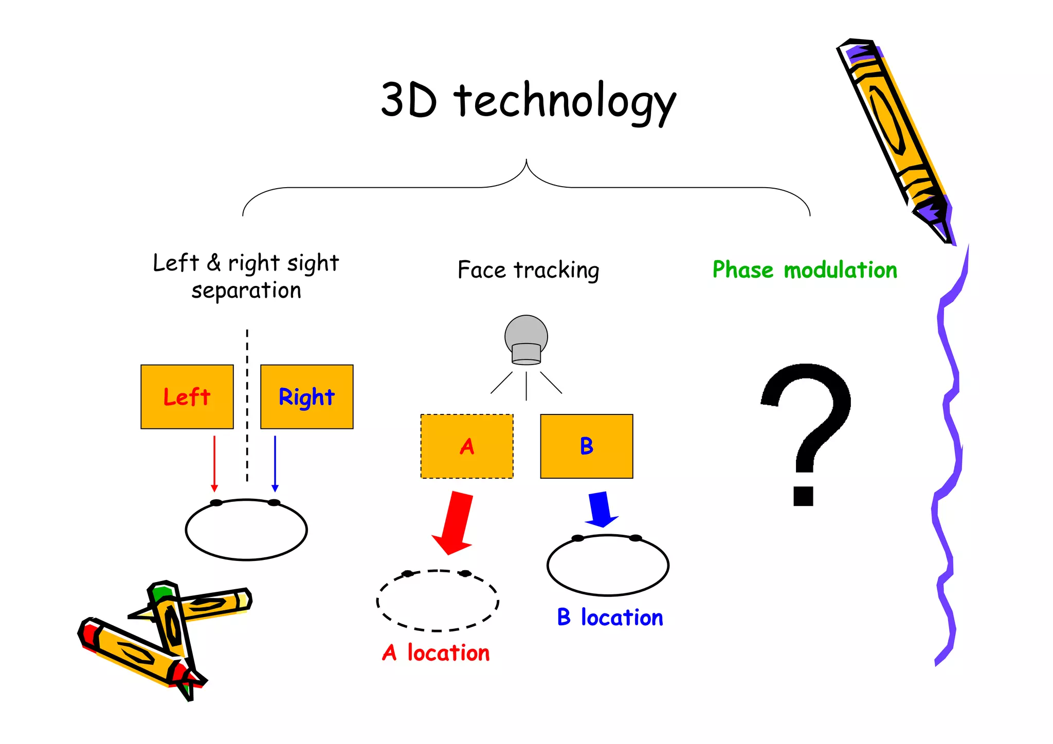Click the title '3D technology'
click(x=528, y=100)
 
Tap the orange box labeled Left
click(x=187, y=397)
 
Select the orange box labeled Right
click(x=307, y=397)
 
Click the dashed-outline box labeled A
click(x=467, y=446)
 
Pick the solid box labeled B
click(x=587, y=446)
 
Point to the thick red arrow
click(x=455, y=522)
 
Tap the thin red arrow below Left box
click(x=214, y=463)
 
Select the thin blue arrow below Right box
click(x=275, y=463)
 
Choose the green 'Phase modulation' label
click(x=805, y=270)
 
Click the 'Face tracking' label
click(x=528, y=270)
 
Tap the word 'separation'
click(x=246, y=291)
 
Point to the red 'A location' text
click(x=436, y=653)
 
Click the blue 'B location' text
click(x=610, y=618)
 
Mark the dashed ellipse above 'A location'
click(x=438, y=601)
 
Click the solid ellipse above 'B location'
click(x=608, y=565)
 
